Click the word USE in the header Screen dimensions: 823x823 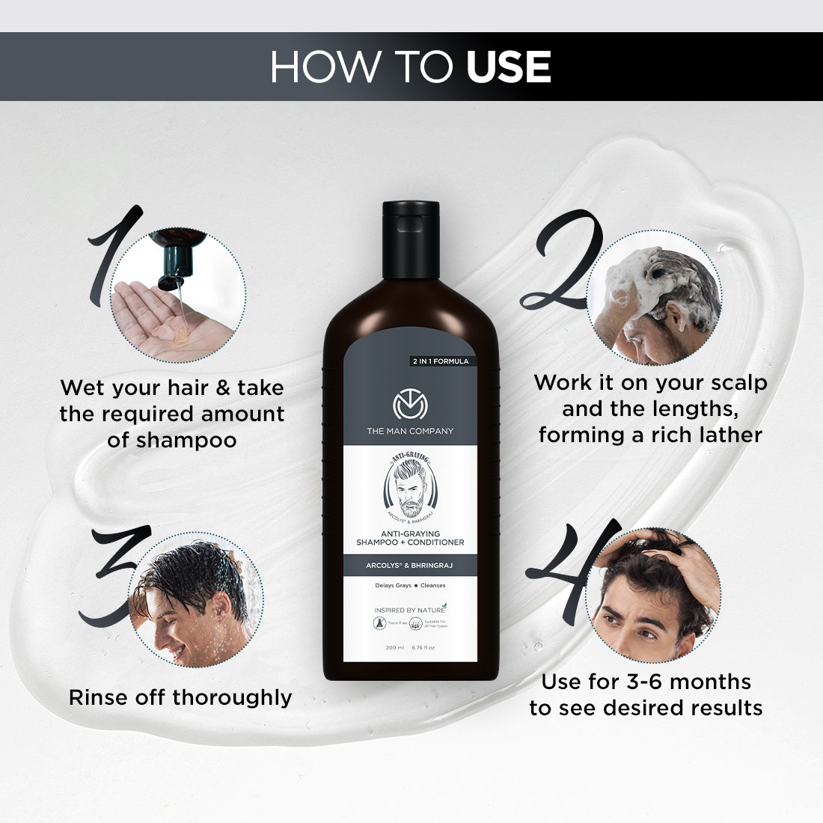tap(508, 67)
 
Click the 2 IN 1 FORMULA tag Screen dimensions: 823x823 tap(440, 361)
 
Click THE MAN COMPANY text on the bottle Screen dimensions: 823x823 tap(410, 431)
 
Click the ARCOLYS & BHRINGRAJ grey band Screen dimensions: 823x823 tap(410, 566)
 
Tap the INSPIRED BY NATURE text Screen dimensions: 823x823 tap(408, 610)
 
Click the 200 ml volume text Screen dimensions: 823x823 tap(395, 648)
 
